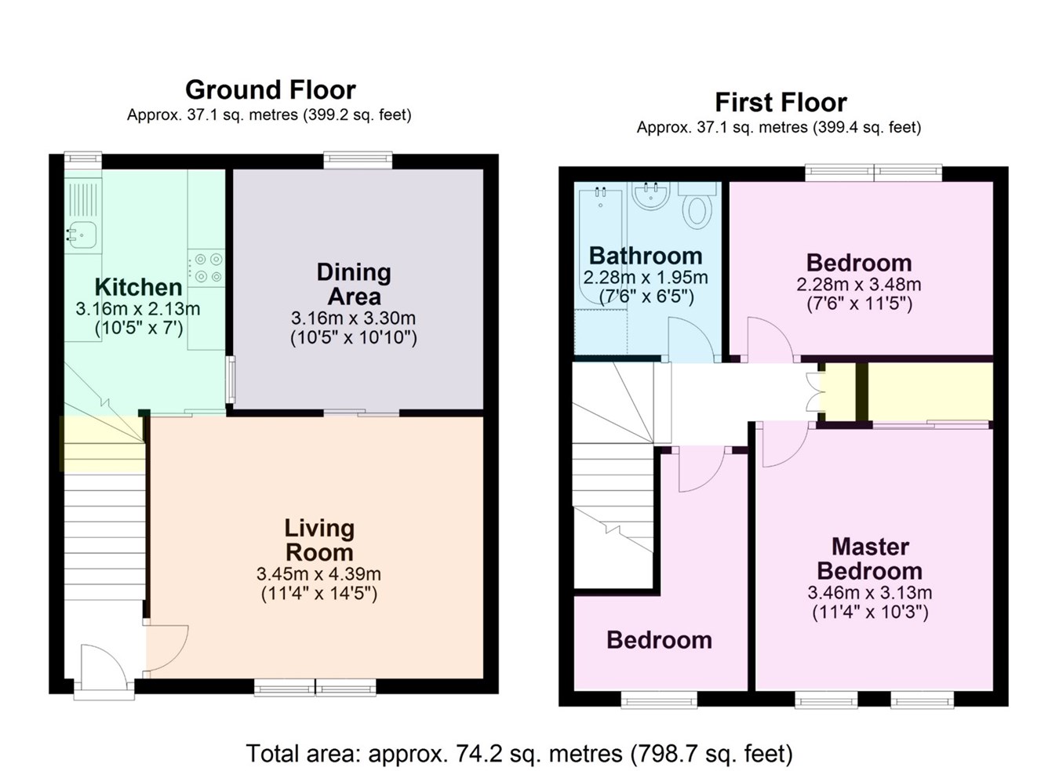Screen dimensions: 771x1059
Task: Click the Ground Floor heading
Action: point(270,89)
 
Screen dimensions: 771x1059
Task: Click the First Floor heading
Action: point(780,102)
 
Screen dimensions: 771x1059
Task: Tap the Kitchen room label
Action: point(138,286)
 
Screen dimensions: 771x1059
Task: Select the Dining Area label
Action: point(354,284)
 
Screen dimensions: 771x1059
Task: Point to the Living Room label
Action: point(319,540)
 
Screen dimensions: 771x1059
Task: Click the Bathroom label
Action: point(645,256)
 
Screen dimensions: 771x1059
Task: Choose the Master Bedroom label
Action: point(869,558)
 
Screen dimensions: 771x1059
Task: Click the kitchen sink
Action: point(82,233)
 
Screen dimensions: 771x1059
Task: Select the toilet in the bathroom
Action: point(697,209)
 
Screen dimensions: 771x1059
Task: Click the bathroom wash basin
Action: point(651,196)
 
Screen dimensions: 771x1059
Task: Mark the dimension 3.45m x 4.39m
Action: point(319,574)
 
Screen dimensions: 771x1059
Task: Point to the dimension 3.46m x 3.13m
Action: point(869,592)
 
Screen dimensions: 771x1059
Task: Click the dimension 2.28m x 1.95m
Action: point(645,278)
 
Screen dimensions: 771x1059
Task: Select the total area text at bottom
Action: point(519,754)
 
